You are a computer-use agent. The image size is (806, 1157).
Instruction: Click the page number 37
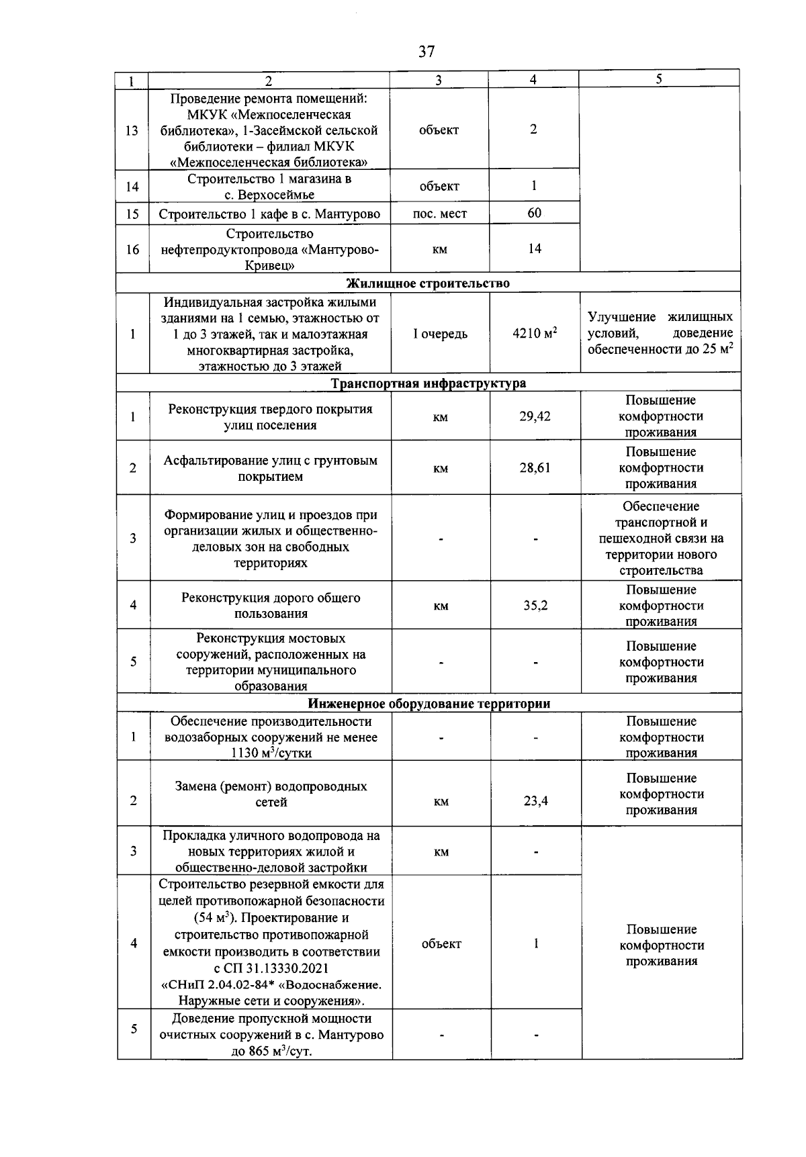coord(427,52)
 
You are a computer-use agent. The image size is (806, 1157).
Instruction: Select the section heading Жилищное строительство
coord(428,283)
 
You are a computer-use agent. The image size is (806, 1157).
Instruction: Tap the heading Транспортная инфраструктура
coord(429,383)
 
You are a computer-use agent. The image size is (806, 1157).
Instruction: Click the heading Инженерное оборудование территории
coord(429,704)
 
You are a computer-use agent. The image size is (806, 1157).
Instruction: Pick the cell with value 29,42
coord(535,417)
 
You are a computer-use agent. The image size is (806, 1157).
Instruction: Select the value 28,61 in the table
coord(535,468)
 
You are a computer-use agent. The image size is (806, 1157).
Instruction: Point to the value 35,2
coord(535,606)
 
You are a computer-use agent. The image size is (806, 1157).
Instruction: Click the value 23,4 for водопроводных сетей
coord(535,801)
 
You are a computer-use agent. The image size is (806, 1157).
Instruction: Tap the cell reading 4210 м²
coord(535,334)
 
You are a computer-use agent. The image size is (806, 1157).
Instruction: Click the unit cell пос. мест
coord(439,214)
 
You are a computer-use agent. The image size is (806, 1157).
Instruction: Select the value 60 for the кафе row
coord(534,214)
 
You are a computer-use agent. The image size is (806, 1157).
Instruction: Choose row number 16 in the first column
coord(132,250)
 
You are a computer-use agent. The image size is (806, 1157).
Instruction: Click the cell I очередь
coord(440,334)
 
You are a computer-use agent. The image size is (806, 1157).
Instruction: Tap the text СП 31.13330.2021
coord(271,968)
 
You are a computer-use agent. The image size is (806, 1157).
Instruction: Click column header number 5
coord(659,79)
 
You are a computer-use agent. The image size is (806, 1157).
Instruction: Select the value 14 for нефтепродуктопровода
coord(534,249)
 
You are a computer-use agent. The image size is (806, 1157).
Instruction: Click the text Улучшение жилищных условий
coord(660,325)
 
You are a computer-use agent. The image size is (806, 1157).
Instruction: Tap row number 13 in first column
coord(132,130)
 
